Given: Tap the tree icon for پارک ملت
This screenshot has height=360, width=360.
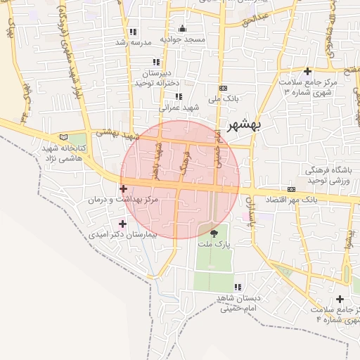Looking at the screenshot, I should coord(214,233).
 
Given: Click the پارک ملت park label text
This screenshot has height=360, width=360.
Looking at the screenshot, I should coord(214,244).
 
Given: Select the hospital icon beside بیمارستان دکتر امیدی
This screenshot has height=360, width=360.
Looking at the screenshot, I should coord(124,224).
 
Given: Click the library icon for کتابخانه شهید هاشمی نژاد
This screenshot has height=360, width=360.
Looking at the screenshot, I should coord(65,136).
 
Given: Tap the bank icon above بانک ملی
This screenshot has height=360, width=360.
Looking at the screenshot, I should coord(224,88).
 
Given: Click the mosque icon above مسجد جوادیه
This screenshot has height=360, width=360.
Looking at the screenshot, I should coord(183,29).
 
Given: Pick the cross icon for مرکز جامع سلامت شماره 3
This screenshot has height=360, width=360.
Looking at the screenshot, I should coord(307,71).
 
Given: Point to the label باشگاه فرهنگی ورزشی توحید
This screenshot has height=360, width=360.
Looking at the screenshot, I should coord(329,176).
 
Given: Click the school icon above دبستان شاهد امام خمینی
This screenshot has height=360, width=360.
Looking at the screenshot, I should coord(238,287).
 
